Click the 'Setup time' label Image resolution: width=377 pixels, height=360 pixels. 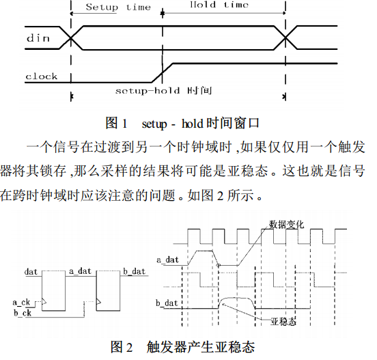(x=118, y=7)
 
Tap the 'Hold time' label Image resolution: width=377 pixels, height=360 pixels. (x=219, y=5)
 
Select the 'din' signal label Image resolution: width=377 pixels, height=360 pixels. (x=38, y=38)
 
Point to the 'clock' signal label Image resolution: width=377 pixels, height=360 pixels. (x=42, y=77)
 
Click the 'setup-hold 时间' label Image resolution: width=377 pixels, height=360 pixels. (x=163, y=91)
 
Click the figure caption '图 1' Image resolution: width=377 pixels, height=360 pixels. (x=116, y=123)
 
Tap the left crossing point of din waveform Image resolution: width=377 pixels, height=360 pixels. (x=71, y=38)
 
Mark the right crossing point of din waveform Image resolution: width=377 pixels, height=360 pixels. (x=285, y=38)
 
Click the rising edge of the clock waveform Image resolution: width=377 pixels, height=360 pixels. (x=163, y=72)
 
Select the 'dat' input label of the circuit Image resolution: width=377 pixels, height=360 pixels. (x=31, y=272)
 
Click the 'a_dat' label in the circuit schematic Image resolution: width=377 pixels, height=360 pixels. (x=81, y=271)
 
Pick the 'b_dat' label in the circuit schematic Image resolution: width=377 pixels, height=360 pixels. (x=135, y=271)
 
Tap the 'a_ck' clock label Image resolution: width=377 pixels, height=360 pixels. (x=21, y=303)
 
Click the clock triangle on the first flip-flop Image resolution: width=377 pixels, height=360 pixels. (x=44, y=301)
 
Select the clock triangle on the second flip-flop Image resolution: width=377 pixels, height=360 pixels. (x=98, y=301)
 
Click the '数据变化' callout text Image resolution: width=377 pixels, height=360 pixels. (x=286, y=224)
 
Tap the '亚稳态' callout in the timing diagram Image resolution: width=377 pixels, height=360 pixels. (x=283, y=322)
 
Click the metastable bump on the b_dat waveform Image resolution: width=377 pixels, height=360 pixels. (x=237, y=299)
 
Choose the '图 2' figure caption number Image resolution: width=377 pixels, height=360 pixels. (x=122, y=347)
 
